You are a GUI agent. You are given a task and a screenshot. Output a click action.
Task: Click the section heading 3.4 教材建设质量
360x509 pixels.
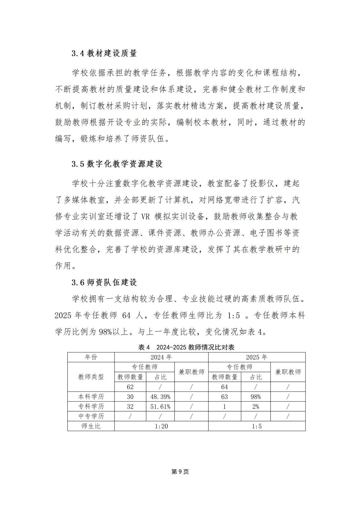coord(104,53)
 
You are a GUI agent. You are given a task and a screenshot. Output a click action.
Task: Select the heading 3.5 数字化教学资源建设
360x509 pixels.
coord(117,164)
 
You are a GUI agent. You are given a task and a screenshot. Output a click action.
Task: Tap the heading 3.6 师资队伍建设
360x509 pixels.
coord(104,282)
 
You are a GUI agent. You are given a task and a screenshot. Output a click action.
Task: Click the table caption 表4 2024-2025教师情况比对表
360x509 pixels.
coord(186,347)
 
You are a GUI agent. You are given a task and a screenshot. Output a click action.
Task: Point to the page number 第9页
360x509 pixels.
coord(180,472)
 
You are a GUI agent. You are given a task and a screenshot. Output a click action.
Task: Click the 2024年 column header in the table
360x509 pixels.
coord(161,357)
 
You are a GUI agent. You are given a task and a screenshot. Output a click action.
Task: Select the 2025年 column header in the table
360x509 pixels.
coord(256,357)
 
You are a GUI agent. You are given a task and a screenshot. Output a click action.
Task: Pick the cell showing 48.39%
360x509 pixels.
coord(160,397)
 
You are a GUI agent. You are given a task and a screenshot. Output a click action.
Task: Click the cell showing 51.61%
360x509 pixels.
coord(160,406)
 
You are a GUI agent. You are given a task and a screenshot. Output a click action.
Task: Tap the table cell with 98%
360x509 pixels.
coord(256,397)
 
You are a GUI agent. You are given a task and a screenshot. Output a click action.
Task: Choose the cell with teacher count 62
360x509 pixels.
coord(130,387)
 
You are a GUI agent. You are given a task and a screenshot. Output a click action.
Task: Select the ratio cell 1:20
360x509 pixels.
coord(161,426)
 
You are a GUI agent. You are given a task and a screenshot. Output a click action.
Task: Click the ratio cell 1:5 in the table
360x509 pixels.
coord(256,426)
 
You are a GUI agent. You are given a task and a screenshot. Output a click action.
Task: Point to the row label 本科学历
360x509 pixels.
coord(91,397)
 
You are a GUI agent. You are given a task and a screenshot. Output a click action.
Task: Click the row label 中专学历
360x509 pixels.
coord(91,416)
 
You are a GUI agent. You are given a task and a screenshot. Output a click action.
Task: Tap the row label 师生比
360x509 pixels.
coord(91,426)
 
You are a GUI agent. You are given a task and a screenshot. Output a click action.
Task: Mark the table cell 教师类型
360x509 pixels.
coord(91,377)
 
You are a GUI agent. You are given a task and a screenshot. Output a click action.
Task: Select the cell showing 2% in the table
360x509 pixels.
coord(256,406)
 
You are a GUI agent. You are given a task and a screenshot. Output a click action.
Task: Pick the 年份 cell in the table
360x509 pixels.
coord(91,357)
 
